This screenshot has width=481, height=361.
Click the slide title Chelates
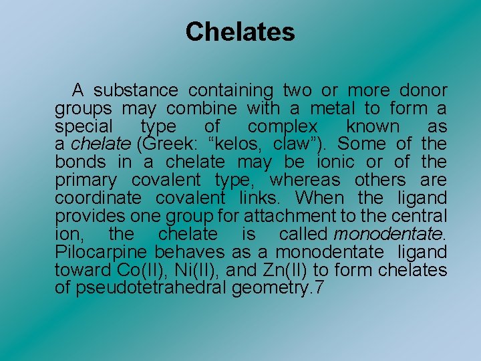pos(240,31)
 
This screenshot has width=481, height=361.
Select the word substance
pos(136,90)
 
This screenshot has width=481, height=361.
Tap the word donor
pos(423,90)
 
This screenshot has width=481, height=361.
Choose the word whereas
pos(305,180)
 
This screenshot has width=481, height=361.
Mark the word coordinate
pos(98,199)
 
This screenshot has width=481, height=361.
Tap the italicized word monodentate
pos(389,235)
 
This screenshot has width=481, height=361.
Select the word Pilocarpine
pos(102,253)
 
